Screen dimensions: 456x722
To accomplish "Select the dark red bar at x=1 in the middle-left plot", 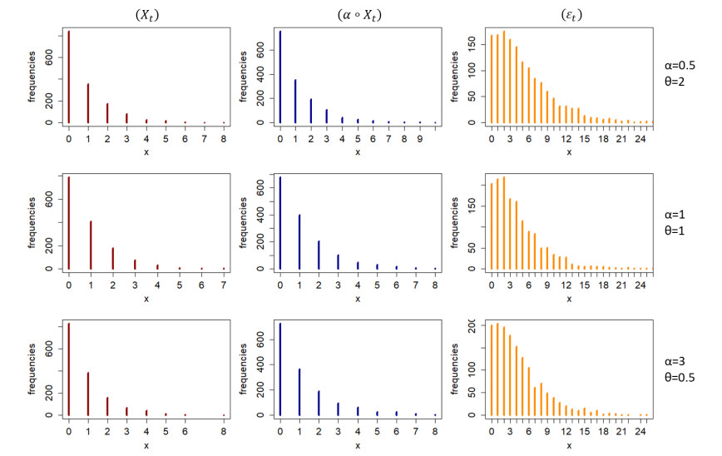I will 91,245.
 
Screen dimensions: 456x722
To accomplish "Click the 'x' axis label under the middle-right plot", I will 569,297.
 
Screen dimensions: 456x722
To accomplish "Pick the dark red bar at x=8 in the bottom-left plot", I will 224,414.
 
